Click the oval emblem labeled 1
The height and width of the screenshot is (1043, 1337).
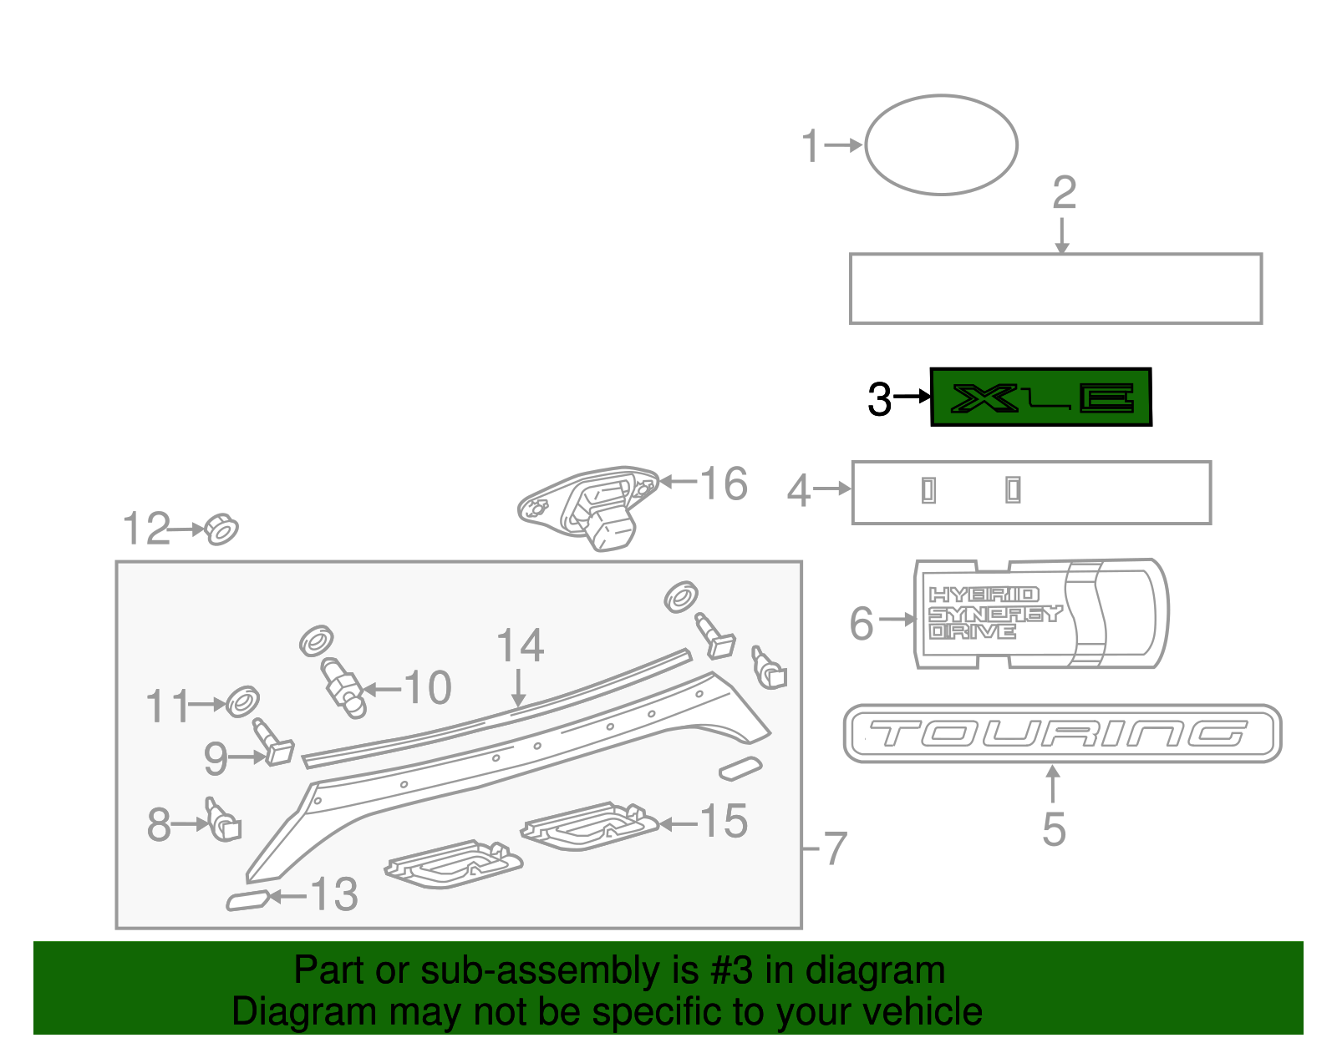tap(941, 145)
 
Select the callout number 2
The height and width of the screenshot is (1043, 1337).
tap(1064, 194)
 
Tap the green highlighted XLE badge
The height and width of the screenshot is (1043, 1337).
tap(1041, 397)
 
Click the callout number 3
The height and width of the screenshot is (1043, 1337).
tap(880, 399)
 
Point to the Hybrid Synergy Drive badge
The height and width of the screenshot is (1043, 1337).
tap(1040, 614)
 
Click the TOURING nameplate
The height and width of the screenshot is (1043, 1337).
tap(1062, 734)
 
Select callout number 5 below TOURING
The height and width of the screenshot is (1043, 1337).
tap(1054, 829)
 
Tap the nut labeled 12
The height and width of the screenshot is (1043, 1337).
tap(221, 529)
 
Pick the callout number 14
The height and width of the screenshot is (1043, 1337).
tap(520, 646)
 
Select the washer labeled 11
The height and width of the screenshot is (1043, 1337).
tap(242, 702)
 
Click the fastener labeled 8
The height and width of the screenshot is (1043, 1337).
tap(223, 820)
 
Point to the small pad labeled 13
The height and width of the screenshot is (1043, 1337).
tap(247, 900)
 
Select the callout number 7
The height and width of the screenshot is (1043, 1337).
tap(836, 849)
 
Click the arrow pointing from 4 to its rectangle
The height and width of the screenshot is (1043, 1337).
tap(831, 489)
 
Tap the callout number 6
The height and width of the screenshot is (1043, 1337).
tap(862, 624)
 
